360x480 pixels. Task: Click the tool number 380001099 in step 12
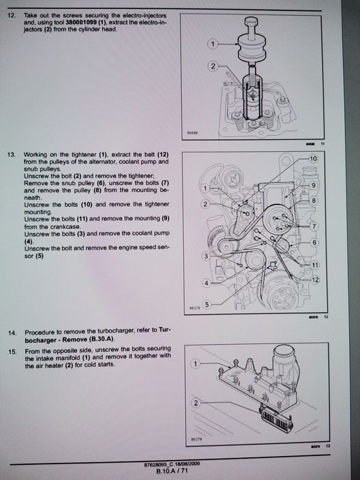tap(80, 23)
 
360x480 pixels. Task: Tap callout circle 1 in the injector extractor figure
tap(213, 45)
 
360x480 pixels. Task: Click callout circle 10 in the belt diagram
tap(313, 158)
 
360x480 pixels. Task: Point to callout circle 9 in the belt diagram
tap(313, 185)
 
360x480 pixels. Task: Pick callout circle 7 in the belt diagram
tap(314, 226)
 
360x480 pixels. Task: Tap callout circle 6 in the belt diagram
tap(314, 243)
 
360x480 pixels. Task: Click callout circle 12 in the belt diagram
tap(315, 280)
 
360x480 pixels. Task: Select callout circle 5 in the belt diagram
tap(207, 304)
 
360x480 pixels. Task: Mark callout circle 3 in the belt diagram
tap(206, 256)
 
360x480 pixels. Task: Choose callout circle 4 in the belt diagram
tap(206, 283)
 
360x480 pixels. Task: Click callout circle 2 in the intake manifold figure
tap(196, 403)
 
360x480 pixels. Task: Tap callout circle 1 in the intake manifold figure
tap(195, 364)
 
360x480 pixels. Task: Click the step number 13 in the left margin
tap(11, 155)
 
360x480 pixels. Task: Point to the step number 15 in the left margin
tap(12, 351)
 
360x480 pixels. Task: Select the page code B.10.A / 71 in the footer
tap(171, 471)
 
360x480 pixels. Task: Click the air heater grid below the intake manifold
tap(276, 417)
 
